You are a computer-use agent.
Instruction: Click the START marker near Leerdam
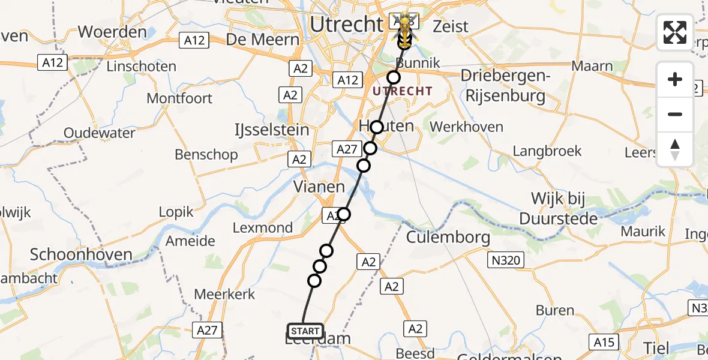[x=305, y=331]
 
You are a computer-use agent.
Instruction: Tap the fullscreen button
[x=675, y=32]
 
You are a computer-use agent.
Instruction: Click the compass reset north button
[x=675, y=149]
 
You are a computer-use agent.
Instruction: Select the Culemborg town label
[x=448, y=237]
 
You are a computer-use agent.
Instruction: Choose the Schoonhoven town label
[x=81, y=254]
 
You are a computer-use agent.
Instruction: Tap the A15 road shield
[x=603, y=342]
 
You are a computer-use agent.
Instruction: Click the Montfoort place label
[x=179, y=98]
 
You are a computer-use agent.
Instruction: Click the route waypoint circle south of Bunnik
[x=393, y=77]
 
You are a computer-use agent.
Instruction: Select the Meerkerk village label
[x=225, y=294]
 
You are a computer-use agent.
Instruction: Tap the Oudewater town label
[x=100, y=133]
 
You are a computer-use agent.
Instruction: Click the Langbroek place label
[x=547, y=151]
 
